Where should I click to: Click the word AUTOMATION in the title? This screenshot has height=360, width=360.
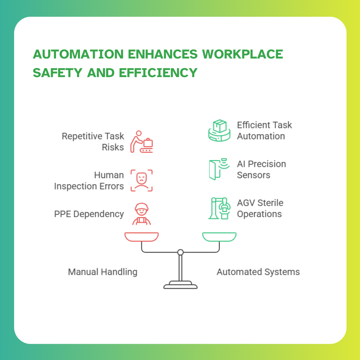[x=78, y=54]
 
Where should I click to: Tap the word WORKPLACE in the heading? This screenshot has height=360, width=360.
[x=242, y=54]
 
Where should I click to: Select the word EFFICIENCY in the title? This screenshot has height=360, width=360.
[x=158, y=73]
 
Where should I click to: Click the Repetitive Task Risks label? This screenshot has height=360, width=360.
[x=93, y=142]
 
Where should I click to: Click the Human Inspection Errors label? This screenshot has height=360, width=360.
[x=89, y=181]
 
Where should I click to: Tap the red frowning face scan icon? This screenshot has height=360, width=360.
[x=142, y=180]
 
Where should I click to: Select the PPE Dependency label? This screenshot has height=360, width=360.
[x=89, y=214]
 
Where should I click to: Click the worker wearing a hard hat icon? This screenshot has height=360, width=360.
[x=142, y=214]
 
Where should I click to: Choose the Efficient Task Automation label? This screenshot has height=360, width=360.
[x=264, y=130]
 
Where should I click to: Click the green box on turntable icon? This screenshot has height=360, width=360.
[x=219, y=130]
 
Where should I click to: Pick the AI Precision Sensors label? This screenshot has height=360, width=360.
[x=261, y=169]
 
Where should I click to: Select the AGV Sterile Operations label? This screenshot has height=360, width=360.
[x=260, y=208]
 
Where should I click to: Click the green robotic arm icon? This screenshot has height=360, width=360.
[x=219, y=208]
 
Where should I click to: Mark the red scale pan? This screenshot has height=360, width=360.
[x=142, y=237]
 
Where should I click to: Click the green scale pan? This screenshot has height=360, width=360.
[x=219, y=237]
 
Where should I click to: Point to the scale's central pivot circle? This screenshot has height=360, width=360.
[x=180, y=252]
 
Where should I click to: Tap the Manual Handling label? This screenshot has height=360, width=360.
[x=103, y=272]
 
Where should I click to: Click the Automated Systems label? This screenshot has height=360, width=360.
[x=258, y=272]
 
